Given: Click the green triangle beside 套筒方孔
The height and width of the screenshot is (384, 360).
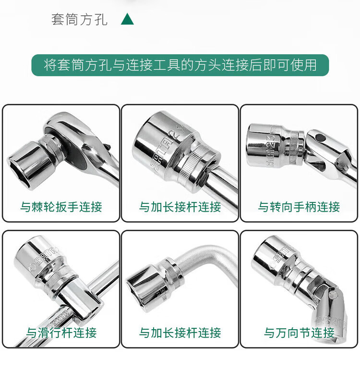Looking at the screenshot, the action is (127, 19).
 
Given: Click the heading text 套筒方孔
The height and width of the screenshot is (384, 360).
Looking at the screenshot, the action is (79, 19).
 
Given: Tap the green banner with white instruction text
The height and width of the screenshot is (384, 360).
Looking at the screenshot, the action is (180, 65).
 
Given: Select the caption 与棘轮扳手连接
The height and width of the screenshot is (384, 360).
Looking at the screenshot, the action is (61, 207).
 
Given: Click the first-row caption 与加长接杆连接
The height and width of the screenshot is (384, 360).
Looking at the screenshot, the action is (180, 207).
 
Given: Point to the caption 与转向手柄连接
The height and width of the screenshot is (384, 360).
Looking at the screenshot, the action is (299, 207).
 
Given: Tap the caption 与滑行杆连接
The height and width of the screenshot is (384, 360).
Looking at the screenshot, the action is (61, 333).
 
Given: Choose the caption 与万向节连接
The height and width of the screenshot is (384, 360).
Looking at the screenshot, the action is (299, 333).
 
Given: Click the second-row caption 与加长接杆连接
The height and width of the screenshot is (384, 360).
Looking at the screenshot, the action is (180, 333).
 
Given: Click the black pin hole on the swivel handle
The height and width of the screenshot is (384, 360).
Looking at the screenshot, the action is (319, 137).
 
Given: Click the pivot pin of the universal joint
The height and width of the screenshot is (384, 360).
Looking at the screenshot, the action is (333, 295).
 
